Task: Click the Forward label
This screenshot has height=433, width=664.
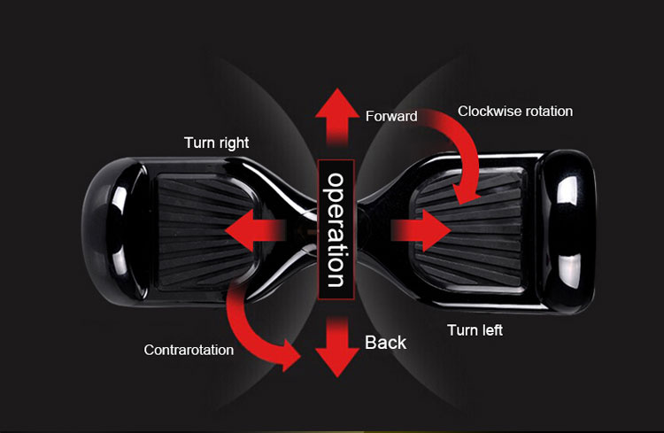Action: pos(391,116)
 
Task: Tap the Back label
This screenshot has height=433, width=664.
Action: pos(385,342)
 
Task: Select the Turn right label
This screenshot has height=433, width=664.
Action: pos(216,143)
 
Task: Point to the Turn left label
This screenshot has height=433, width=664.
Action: pos(475,330)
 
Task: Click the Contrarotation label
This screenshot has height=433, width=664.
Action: pos(189,350)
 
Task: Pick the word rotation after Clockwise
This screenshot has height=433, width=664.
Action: pos(548,112)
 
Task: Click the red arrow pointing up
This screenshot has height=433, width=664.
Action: pos(336,115)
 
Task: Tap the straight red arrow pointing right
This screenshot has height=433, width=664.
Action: pos(421,230)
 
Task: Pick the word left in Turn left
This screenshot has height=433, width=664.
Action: pos(491,330)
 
